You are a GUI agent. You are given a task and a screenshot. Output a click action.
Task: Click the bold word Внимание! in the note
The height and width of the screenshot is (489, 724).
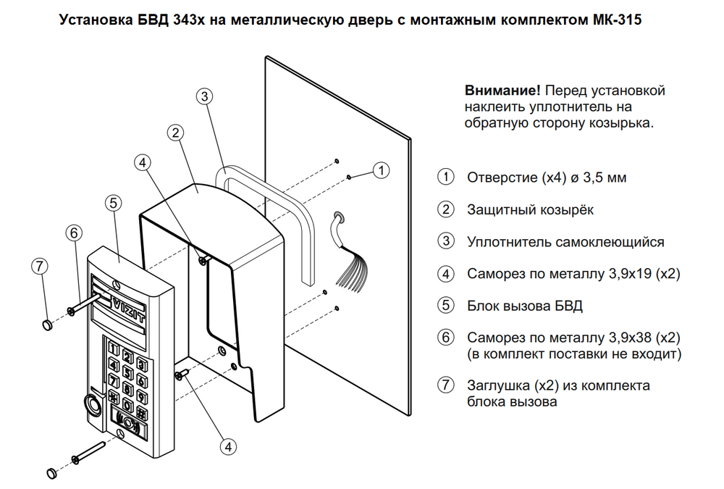502,91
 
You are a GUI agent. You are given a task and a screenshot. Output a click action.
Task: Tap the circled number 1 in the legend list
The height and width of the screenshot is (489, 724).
445,177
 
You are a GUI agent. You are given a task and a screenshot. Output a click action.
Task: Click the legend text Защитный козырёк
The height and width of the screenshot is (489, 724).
530,210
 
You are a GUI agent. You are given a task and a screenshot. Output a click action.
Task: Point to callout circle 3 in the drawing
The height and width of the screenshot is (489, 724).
205,96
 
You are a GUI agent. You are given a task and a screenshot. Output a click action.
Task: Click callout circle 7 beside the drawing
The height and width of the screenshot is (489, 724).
40,266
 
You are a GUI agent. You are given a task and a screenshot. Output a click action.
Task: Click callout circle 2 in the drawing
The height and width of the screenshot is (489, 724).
174,133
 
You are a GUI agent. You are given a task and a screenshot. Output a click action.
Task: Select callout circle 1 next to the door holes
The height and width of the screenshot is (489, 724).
381,170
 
